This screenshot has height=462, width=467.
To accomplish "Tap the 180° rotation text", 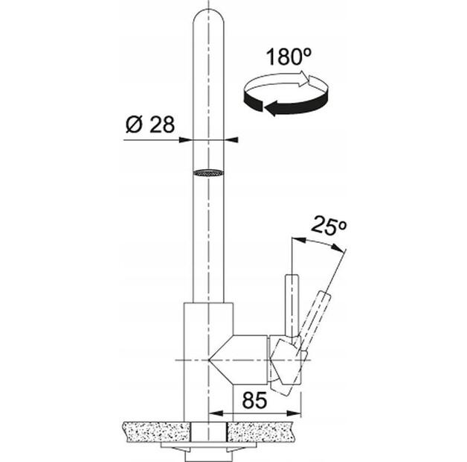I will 283,57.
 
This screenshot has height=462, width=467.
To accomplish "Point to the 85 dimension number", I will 254,400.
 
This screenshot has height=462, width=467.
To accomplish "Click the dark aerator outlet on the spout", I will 208,173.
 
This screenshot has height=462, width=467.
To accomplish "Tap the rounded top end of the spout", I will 208,19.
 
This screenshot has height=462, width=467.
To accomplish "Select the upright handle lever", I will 292,306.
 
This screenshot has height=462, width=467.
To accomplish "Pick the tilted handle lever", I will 315,317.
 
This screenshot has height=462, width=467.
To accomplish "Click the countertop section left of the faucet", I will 152,431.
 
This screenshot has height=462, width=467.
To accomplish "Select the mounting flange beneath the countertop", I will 208,450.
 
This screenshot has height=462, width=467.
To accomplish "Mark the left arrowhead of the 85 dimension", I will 215,414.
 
